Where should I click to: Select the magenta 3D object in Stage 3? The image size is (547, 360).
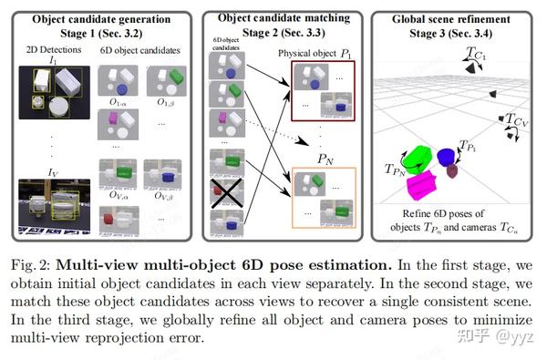[x=422, y=186]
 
